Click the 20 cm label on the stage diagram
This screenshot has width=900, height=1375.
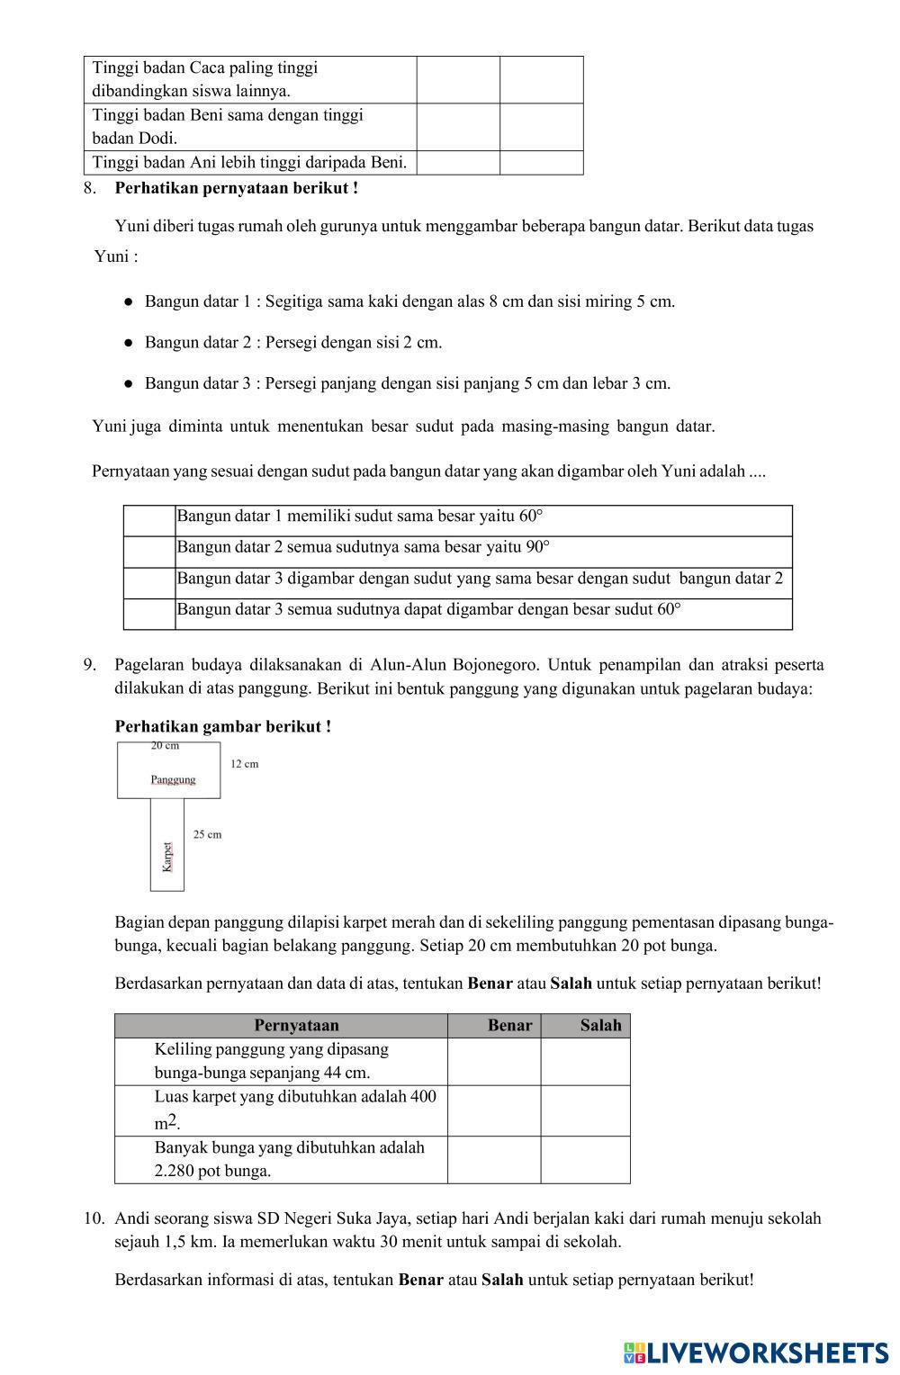pos(165,746)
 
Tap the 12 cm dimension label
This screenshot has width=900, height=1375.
pos(244,764)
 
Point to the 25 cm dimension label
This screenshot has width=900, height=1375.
pos(207,834)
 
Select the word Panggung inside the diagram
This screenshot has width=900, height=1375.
pos(173,779)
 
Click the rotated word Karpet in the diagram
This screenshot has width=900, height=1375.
pos(167,856)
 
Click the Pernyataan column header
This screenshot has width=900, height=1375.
pos(296,1025)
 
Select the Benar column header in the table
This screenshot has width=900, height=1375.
pos(509,1025)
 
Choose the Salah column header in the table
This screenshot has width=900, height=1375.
pos(600,1025)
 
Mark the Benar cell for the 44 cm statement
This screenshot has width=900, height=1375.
pos(494,1061)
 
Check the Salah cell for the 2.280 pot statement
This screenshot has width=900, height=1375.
pos(585,1159)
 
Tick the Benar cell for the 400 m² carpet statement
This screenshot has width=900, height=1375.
pos(494,1110)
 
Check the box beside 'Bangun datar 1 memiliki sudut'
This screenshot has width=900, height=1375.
pos(149,520)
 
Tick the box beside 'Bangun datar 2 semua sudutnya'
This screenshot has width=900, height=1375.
pos(149,552)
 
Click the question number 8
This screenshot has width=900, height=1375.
pos(89,188)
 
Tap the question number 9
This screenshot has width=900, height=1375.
pos(89,665)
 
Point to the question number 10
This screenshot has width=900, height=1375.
pos(94,1218)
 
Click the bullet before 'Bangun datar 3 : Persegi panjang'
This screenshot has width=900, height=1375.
pos(130,383)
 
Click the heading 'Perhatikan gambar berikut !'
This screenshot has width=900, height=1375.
pos(223,726)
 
